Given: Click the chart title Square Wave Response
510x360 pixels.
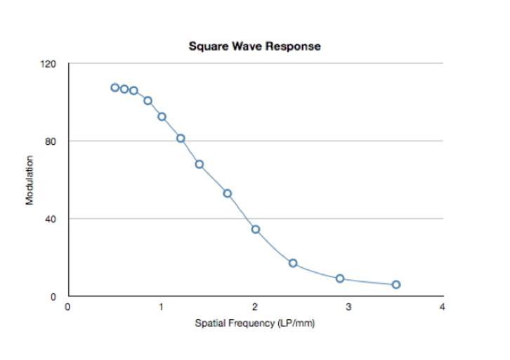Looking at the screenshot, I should coord(254,46).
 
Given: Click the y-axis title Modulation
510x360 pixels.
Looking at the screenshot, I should coord(30,180).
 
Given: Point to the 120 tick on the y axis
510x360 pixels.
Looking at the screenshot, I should coord(48,64).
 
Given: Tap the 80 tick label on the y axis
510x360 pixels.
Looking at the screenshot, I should coord(50,141).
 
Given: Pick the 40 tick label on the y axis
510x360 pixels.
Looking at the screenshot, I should coord(50,219).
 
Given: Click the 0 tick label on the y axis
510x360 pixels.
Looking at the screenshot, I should coord(53,297).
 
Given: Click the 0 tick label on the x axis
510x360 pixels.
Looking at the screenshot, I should coord(67,307).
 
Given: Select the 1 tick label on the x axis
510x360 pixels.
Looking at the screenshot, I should coord(162,307).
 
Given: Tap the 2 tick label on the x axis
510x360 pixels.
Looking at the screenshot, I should coord(255,307).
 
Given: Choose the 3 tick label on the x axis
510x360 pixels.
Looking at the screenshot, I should coord(348,307).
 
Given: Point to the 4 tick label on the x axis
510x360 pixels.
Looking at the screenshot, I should coord(442,307).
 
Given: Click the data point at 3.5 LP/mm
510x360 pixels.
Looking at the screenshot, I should coord(396,285).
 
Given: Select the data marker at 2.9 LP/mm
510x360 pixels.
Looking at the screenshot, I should coord(340,278).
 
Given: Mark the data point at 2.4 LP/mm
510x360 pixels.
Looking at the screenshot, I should coord(293,263).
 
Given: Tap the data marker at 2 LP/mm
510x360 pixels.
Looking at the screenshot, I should coord(256,229).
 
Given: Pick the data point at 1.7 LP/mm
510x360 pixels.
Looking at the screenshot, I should coord(228,193).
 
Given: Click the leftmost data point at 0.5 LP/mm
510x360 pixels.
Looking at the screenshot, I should coord(115,88).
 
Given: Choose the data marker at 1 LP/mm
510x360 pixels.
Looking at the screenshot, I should coord(162,117).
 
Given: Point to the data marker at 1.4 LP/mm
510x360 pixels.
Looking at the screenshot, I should coord(200,164).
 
